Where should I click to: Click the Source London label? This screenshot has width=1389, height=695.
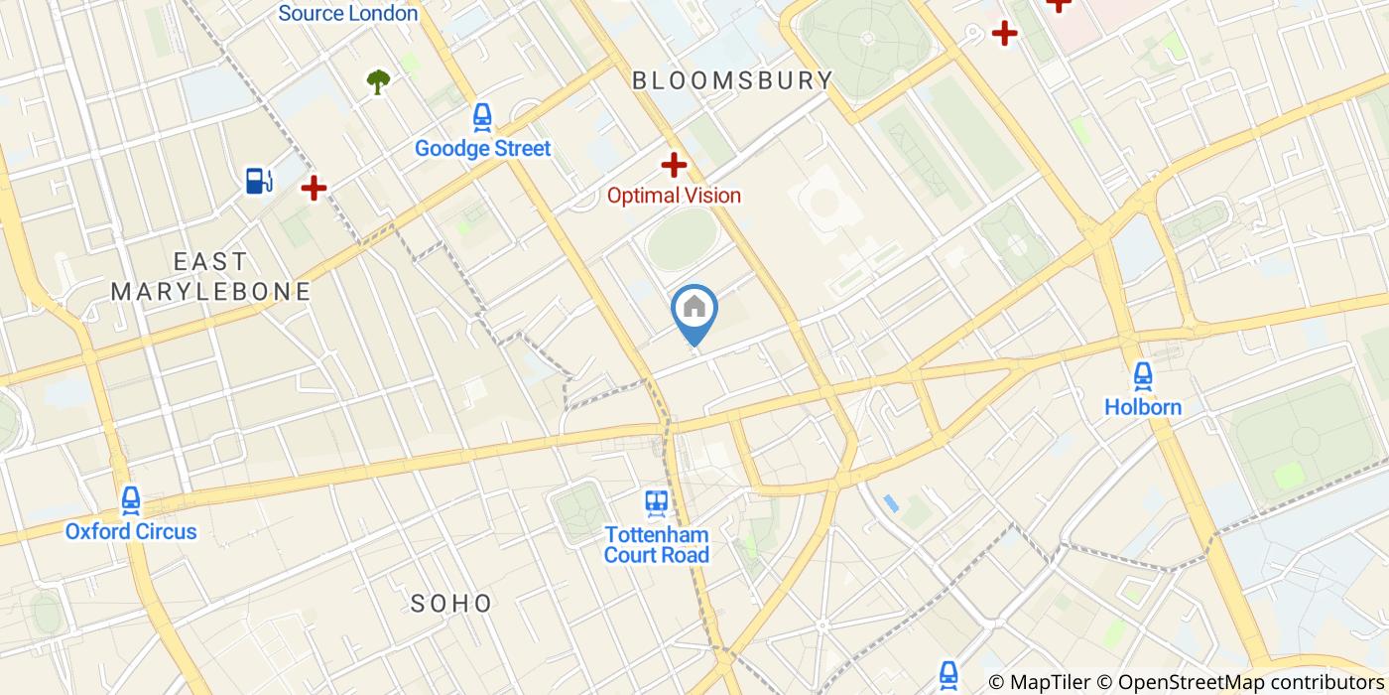coord(347,14)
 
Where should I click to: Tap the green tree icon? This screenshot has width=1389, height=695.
coord(378,81)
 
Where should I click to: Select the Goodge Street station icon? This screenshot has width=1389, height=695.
coord(482,117)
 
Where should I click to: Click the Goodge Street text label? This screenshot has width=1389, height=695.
coord(482,149)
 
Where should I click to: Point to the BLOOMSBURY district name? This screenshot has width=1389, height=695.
coord(732,80)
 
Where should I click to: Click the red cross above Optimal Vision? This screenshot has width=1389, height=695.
coord(675,165)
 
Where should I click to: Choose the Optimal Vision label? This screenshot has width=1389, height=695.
coord(674,196)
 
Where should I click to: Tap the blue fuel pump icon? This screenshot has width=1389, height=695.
coord(259,181)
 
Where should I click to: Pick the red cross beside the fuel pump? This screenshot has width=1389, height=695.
coord(314,187)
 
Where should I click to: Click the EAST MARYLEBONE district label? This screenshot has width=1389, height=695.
coord(210,277)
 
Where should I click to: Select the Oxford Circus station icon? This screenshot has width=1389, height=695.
coord(130,500)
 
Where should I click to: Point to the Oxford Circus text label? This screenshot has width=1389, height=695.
coord(131,531)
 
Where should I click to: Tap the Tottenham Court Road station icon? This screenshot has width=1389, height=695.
coord(656,503)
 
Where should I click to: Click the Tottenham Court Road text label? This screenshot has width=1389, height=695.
coord(657,544)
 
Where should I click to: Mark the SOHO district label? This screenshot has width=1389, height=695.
coord(451,603)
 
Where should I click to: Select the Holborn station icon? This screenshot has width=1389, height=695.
coord(1143,376)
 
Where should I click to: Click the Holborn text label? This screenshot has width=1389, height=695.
coord(1143,407)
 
